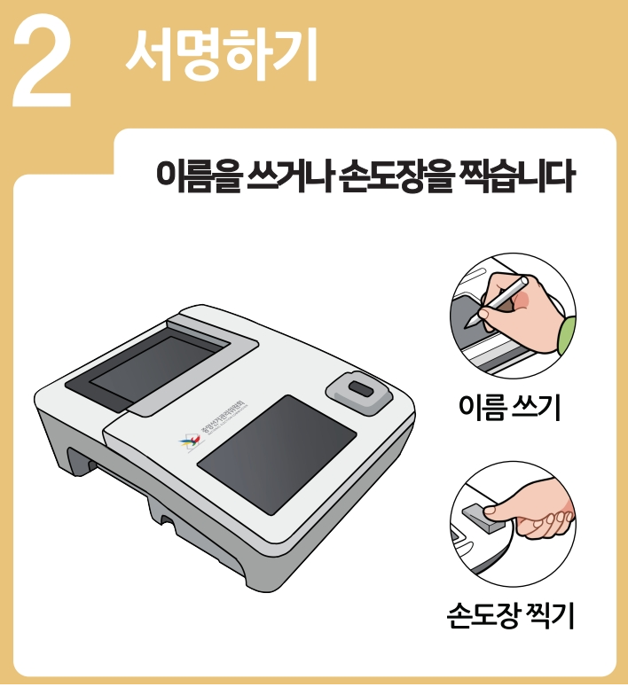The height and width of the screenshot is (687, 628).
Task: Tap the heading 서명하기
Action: pos(221,53)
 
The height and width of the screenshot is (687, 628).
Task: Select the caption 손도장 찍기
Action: pos(512,615)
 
